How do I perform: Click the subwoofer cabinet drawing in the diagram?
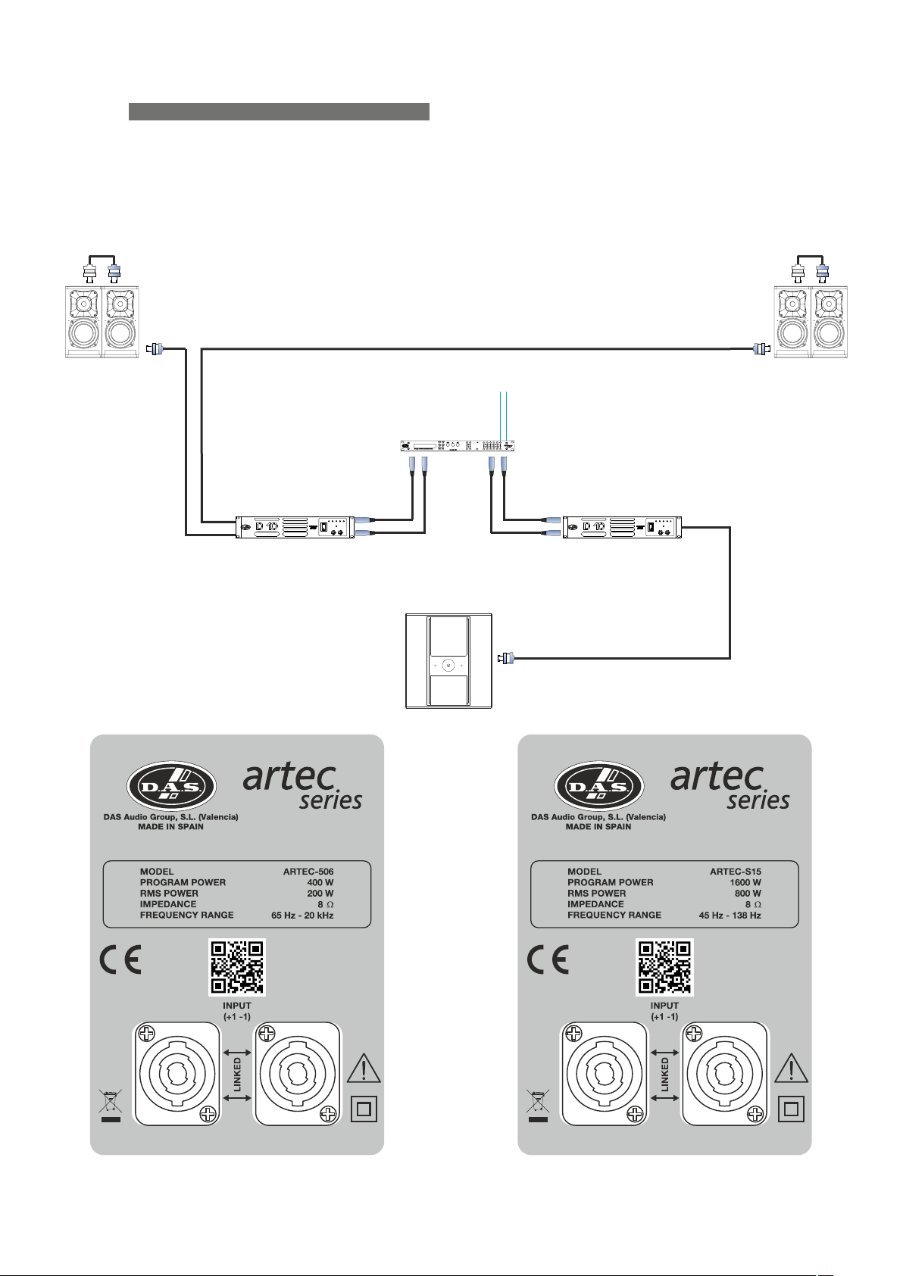point(448,661)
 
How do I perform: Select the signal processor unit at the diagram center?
point(458,445)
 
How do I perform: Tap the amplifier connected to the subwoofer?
point(622,527)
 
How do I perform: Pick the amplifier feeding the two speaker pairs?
point(295,527)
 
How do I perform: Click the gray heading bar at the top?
point(279,111)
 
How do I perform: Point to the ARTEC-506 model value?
point(308,872)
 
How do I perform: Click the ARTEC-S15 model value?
point(735,872)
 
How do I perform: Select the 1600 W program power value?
point(745,882)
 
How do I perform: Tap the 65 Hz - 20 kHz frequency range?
point(302,916)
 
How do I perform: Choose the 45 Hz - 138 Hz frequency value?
point(730,916)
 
